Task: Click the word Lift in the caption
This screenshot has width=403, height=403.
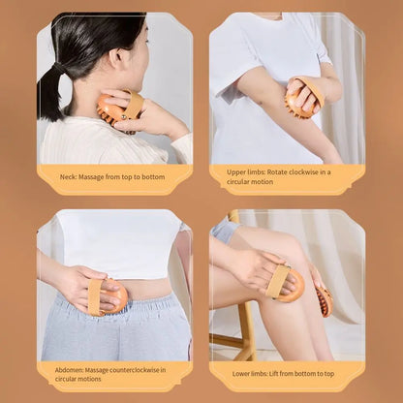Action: point(282,373)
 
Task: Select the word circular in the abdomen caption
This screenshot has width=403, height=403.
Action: point(63,378)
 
